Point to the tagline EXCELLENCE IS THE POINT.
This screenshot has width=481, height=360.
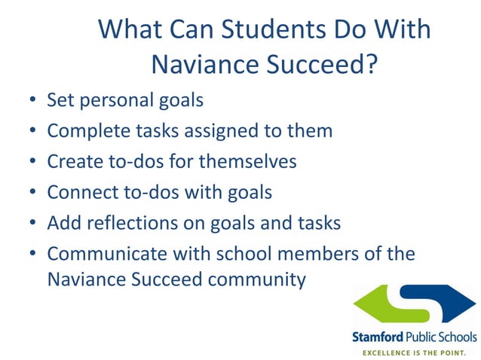point(415,351)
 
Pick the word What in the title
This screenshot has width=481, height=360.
point(127,29)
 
